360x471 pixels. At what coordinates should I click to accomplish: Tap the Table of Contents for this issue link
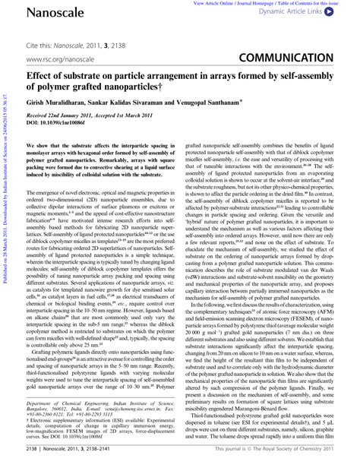point(317,3)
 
